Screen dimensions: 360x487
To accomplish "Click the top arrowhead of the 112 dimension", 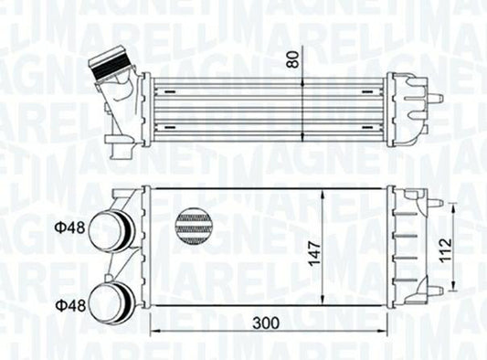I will [456, 206].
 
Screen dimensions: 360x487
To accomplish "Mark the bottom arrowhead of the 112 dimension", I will [456, 290].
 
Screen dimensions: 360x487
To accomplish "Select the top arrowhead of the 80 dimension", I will [302, 79].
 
